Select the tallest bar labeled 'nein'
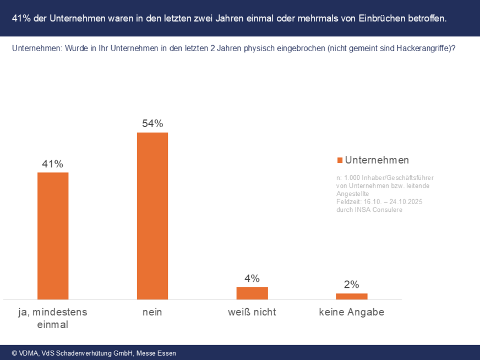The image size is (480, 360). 152,216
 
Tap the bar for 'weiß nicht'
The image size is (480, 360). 252,293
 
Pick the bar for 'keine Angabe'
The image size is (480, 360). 351,296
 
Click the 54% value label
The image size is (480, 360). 152,124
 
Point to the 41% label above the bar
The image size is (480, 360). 53,164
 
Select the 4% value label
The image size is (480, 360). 252,279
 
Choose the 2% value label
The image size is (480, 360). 351,285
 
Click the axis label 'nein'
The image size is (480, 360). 152,312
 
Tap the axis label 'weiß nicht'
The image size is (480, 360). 252,312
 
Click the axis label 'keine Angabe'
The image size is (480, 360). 351,312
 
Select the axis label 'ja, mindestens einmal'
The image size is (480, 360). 53,318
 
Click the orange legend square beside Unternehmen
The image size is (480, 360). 340,160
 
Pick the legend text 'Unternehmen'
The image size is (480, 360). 377,160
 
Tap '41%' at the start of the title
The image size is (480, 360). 21,18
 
